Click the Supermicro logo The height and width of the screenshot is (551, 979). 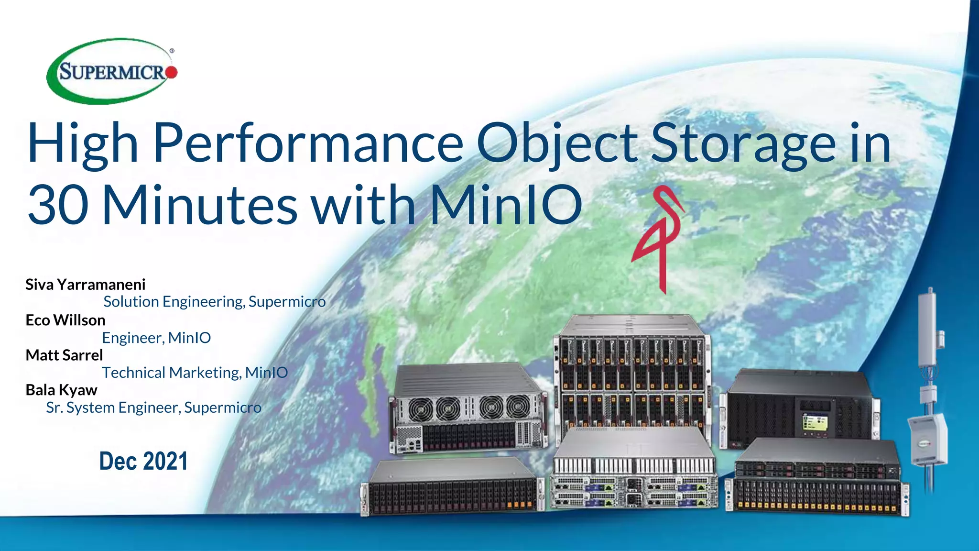coord(112,71)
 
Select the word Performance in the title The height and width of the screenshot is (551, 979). coord(308,143)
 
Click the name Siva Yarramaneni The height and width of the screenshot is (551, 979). coord(85,285)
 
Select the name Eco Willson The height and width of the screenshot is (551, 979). coord(65,320)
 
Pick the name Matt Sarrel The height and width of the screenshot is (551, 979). coord(64,355)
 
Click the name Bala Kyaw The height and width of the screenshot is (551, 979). coord(61,390)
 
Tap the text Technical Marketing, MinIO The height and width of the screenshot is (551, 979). coord(195,373)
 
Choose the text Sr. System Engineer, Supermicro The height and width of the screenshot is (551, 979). coord(153,408)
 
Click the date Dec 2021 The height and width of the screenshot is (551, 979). coord(143,461)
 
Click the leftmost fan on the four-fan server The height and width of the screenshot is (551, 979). coord(420,409)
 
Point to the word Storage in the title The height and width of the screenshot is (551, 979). coord(743,143)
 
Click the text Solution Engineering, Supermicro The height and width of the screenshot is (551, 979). coord(214,302)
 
